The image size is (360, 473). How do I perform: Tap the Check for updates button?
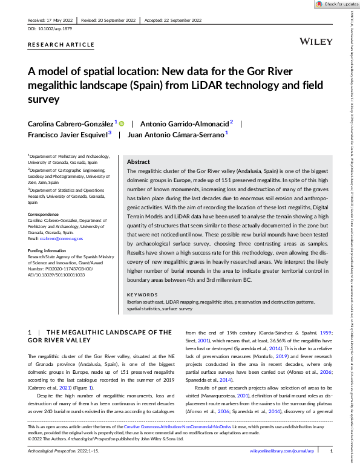coord(337,4)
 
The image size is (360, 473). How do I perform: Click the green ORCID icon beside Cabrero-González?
coord(121,123)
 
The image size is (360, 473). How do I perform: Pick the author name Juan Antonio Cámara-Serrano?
coord(174,135)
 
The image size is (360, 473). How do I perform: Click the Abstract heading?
coord(138,162)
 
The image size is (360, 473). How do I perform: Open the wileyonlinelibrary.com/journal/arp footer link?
coord(283,468)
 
